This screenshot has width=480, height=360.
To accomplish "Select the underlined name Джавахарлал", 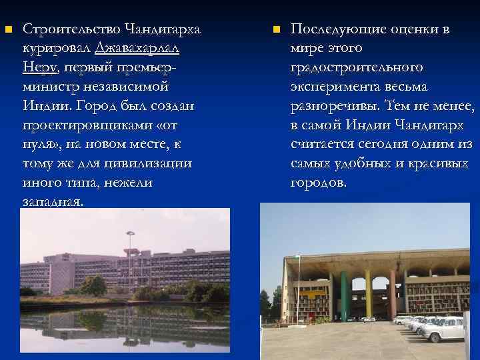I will pyautogui.click(x=137, y=49).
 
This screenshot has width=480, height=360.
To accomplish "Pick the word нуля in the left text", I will pyautogui.click(x=37, y=144).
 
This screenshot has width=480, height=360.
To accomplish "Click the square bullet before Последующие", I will pyautogui.click(x=276, y=30).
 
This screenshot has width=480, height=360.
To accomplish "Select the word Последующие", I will pyautogui.click(x=339, y=29).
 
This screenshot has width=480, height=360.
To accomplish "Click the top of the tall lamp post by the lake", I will pyautogui.click(x=130, y=233).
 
